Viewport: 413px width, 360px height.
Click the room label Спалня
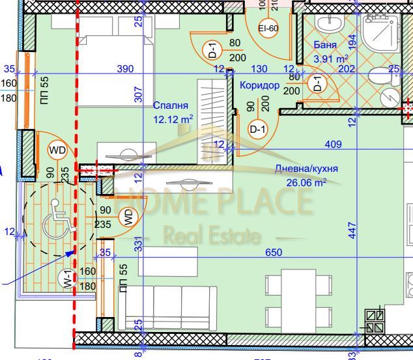pyautogui.click(x=171, y=105)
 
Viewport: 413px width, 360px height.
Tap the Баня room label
pyautogui.click(x=325, y=46)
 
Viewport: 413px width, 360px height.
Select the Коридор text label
pyautogui.click(x=259, y=85)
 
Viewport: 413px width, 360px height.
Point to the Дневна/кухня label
pyautogui.click(x=306, y=169)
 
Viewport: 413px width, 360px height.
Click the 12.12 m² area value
pyautogui.click(x=173, y=119)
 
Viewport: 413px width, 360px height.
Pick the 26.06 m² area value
pyautogui.click(x=306, y=183)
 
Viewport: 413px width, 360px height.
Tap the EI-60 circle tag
pyautogui.click(x=269, y=29)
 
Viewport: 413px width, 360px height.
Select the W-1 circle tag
pyautogui.click(x=66, y=279)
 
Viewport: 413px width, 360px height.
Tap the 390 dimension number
pyautogui.click(x=124, y=68)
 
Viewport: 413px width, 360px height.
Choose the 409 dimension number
pyautogui.click(x=333, y=144)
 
